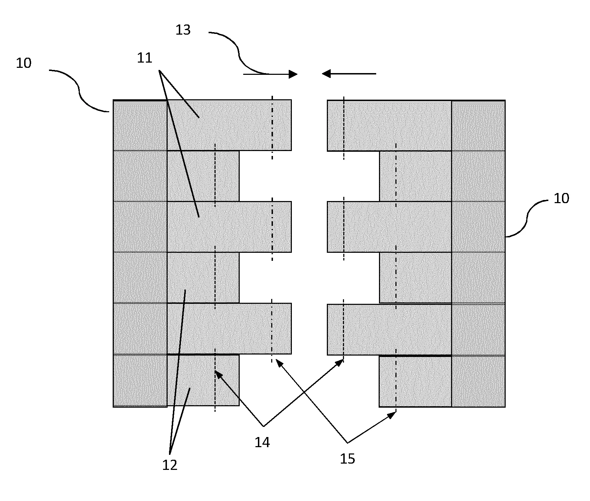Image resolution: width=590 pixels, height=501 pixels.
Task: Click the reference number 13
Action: coord(183,30)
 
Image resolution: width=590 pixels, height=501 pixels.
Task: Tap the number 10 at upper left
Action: coord(24,63)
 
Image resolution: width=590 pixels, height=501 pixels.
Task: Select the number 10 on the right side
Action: coord(561,199)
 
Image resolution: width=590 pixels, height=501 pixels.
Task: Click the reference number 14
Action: coord(262,443)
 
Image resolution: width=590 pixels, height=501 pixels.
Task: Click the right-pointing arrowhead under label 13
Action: coord(293,74)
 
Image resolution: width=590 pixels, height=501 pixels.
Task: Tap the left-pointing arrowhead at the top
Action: coord(326,74)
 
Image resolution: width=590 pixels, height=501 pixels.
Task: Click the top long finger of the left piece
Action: coord(229,126)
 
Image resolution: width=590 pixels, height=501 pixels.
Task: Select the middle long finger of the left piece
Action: coord(229,227)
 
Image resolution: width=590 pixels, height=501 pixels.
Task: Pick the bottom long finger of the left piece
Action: coord(229,329)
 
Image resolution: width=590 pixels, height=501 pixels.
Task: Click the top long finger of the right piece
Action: coord(389,126)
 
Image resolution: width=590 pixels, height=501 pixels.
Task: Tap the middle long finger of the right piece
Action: coord(389,227)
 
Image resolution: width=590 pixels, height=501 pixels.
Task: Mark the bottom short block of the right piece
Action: coord(415,381)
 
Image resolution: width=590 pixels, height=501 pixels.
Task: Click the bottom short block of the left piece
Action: coord(203,380)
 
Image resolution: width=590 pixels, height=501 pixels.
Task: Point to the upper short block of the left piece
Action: coord(203,176)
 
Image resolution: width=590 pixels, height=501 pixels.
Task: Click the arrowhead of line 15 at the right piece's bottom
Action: coord(392,415)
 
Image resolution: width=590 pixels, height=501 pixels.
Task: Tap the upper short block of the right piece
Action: coord(415,176)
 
